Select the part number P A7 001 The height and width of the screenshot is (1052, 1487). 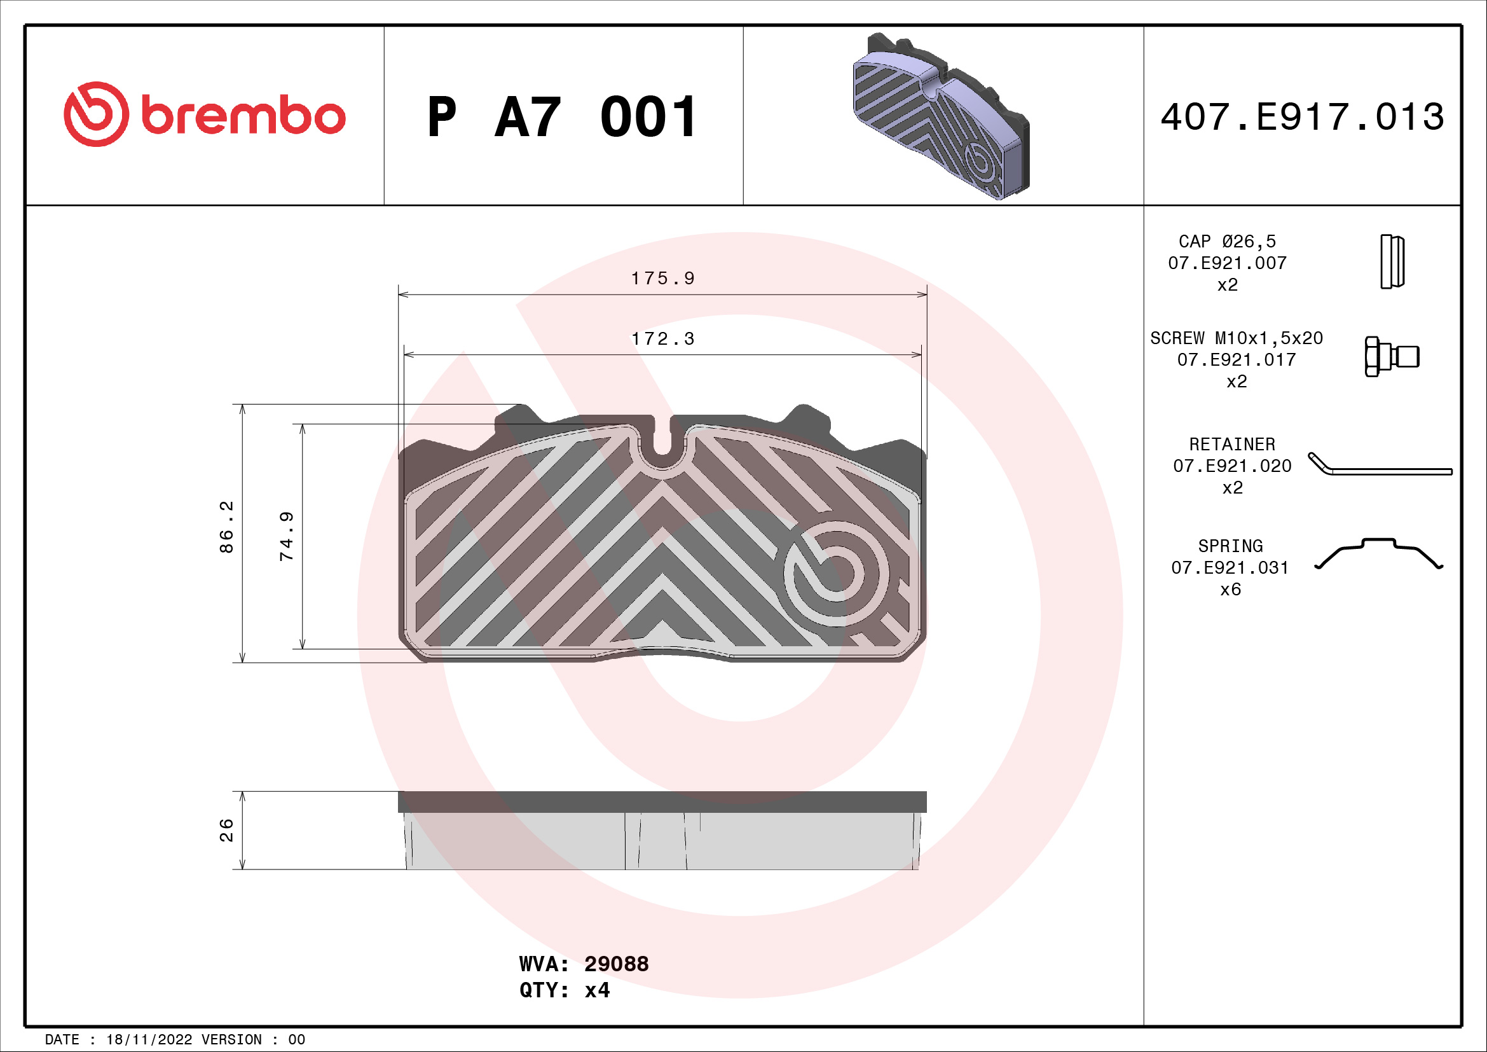(562, 117)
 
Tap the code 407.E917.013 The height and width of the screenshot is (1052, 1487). (1302, 117)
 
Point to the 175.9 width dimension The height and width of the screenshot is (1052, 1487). (662, 279)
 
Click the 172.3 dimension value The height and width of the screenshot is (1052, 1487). (662, 339)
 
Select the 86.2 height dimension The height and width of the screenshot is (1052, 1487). (226, 527)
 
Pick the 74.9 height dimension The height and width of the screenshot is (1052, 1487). (286, 536)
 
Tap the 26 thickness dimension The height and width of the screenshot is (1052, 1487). (226, 830)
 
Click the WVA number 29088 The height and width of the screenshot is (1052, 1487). (616, 964)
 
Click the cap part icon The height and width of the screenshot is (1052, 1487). (1392, 261)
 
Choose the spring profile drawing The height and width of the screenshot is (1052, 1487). (1379, 554)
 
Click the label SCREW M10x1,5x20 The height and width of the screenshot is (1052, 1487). (1236, 338)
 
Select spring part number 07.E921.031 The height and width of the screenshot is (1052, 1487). (1230, 567)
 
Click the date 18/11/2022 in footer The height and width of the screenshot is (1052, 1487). (149, 1040)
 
